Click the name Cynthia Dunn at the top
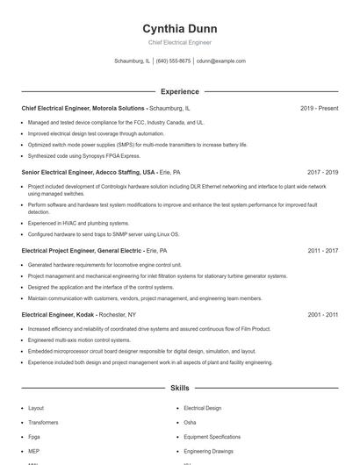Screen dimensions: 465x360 click(179, 28)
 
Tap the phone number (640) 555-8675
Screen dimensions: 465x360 click(174, 61)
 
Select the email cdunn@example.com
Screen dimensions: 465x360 click(221, 61)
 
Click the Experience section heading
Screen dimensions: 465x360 click(179, 91)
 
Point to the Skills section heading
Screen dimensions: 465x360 click(179, 387)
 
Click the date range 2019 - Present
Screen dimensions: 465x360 click(319, 108)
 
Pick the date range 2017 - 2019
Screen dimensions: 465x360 click(322, 173)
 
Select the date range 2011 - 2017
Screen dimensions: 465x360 click(322, 250)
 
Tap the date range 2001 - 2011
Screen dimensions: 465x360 click(322, 314)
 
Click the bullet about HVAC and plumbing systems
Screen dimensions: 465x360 click(79, 223)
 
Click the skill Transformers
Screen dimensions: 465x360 click(43, 422)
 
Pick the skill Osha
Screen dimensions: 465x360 click(190, 422)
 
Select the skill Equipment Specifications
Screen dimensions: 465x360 click(212, 436)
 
